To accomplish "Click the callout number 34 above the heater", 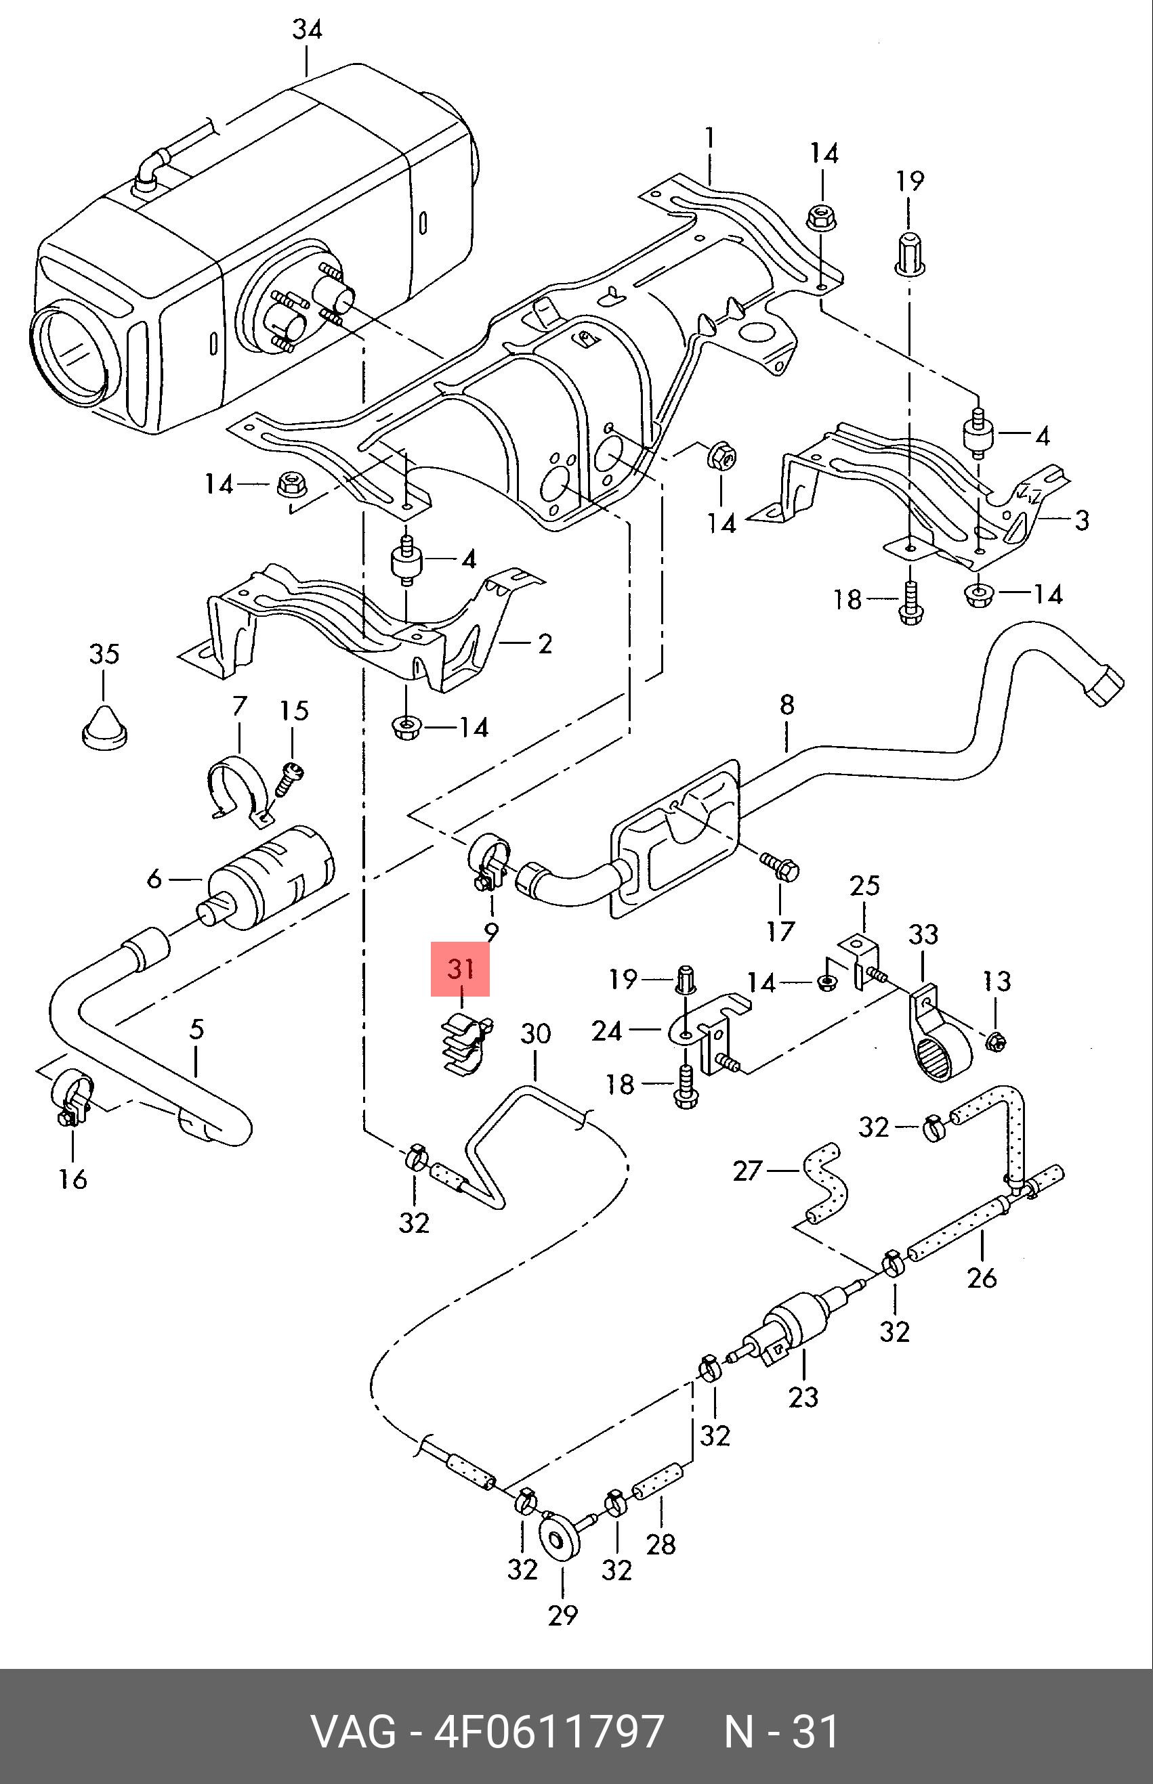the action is pos(307,30).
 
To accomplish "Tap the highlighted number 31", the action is pos(461,969).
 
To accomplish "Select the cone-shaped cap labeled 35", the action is pos(105,723).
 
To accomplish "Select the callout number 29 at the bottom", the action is pos(563,1615).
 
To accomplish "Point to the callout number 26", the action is pos(982,1278).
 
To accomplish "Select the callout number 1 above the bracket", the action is pos(709,140).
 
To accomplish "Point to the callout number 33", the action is pos(923,935).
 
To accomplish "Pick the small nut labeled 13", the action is pos(995,1040).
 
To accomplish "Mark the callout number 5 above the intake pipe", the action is pos(196,1029).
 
